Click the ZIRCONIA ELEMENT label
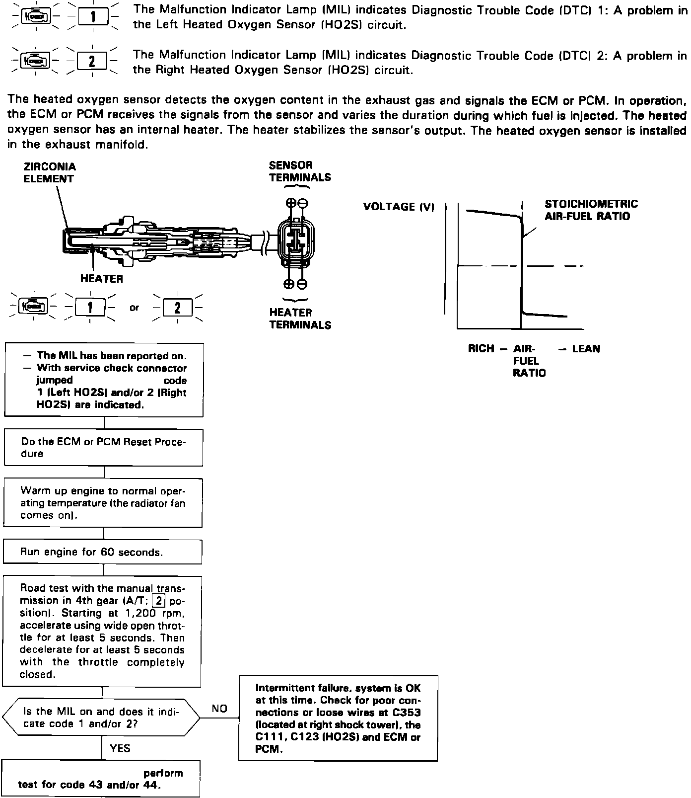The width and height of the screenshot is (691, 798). point(50,173)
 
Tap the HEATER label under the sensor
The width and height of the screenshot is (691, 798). point(101,279)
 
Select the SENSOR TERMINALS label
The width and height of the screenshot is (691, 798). point(300,171)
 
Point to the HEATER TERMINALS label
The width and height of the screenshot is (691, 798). point(300,319)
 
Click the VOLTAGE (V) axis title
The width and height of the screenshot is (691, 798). point(399,207)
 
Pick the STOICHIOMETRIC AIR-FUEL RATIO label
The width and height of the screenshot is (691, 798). point(591,210)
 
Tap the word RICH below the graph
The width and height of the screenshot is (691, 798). point(481,349)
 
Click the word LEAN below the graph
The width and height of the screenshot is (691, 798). point(586,349)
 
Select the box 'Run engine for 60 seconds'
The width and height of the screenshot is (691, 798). point(103,552)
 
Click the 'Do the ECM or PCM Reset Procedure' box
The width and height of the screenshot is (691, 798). point(103,448)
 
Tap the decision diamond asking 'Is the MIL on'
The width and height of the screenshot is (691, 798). point(101,718)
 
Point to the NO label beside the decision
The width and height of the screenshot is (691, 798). point(219,709)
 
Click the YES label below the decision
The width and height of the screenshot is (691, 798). point(120,748)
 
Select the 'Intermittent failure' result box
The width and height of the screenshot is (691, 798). point(338,718)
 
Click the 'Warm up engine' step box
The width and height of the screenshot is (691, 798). point(103,503)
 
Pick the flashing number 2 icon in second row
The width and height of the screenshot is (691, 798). point(92,62)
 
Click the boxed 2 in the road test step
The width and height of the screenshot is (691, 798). point(158,601)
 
